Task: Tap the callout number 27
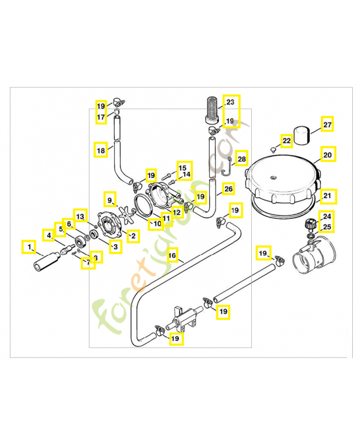327,125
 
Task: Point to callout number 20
327,155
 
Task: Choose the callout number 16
172,256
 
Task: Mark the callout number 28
242,160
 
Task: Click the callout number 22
286,141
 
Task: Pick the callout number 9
109,199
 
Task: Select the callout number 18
100,150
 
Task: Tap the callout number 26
229,189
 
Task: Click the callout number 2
133,236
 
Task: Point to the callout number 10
157,224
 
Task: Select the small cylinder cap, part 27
301,135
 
